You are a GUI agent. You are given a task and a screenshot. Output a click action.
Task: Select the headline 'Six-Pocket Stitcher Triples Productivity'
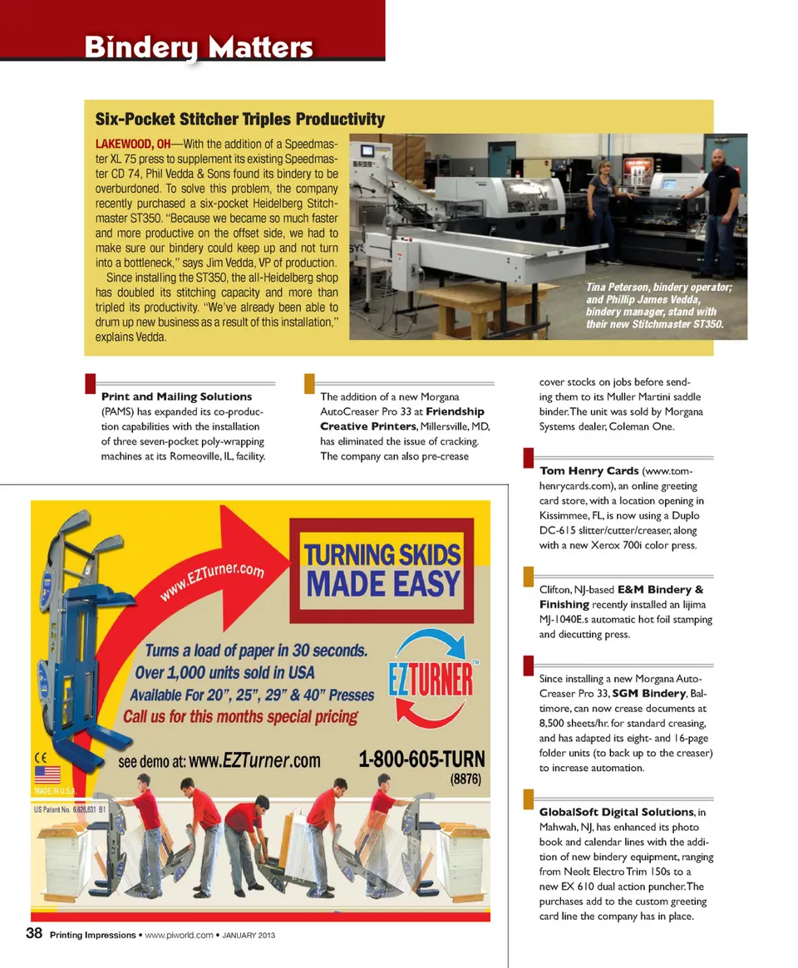(239, 119)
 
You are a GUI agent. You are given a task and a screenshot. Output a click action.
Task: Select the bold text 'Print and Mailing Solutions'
(176, 396)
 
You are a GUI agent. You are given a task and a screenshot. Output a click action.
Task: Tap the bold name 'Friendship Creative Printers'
(402, 419)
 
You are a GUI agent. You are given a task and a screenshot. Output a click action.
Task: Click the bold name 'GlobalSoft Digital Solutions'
(616, 811)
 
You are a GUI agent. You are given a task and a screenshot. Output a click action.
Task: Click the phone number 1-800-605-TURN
(421, 759)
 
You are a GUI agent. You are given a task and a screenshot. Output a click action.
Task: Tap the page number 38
(33, 933)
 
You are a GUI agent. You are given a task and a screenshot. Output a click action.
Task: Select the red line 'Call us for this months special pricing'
(241, 716)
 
